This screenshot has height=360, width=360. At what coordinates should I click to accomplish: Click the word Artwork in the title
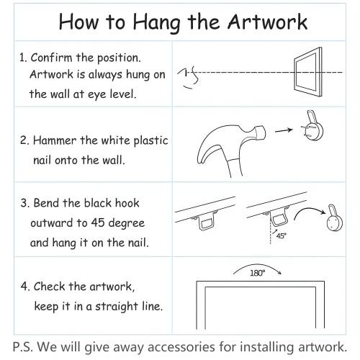[x=267, y=22]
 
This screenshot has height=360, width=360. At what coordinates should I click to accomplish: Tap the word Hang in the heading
[x=156, y=23]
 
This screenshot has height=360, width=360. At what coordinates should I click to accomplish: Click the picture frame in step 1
[x=296, y=72]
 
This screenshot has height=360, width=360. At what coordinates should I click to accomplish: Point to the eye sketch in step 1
[x=189, y=77]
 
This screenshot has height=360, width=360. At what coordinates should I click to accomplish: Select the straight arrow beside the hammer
[x=284, y=130]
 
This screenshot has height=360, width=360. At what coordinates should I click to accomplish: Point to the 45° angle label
[x=282, y=236]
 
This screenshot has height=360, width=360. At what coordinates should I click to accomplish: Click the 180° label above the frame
[x=258, y=273]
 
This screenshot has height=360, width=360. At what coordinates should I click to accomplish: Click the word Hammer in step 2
[x=55, y=140]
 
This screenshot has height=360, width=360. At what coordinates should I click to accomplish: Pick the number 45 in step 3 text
[x=98, y=222]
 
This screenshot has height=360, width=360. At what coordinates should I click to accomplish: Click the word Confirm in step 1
[x=51, y=58]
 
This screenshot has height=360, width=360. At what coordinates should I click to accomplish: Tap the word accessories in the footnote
[x=181, y=347]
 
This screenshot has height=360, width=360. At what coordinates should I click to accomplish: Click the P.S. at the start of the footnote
[x=22, y=347]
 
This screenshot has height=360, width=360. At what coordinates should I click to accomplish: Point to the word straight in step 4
[x=117, y=307]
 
